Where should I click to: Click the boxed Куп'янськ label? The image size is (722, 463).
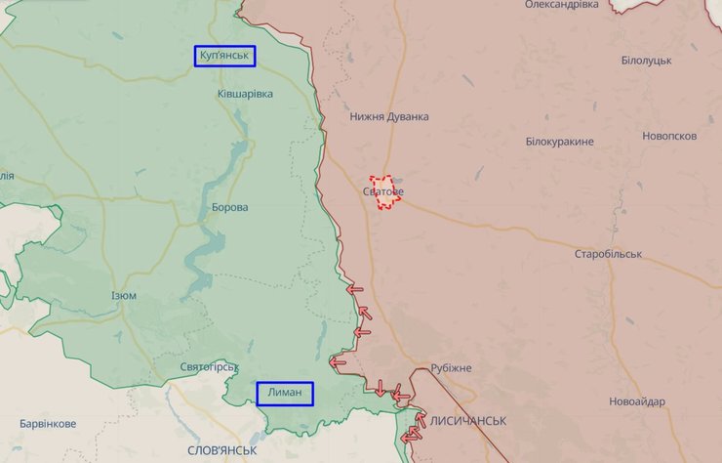(224, 57)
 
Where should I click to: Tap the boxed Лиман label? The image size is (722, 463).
(285, 394)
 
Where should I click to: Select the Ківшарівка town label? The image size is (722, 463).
(245, 94)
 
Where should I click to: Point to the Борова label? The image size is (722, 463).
(229, 208)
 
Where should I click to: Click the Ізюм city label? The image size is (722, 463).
(123, 295)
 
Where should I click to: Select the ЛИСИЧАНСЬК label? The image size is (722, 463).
(467, 420)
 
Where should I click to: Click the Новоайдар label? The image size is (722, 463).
(637, 402)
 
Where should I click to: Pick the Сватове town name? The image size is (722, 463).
(382, 191)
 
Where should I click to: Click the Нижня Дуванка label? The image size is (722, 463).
(389, 116)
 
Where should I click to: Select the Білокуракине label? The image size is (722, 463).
(559, 142)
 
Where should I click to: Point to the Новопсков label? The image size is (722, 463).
(669, 136)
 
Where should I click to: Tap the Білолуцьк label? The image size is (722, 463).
(646, 61)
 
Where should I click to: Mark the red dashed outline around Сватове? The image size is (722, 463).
(374, 182)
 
